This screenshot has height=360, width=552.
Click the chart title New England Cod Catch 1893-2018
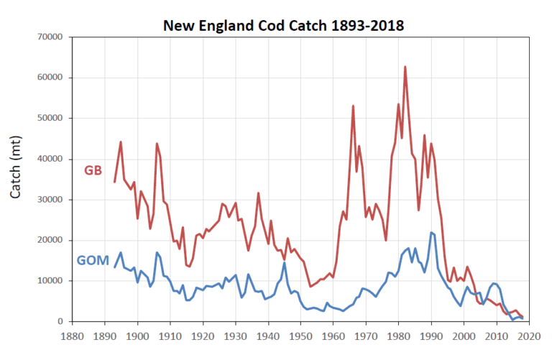pyautogui.click(x=283, y=27)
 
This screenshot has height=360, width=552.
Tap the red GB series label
pyautogui.click(x=94, y=170)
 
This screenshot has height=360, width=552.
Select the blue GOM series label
pyautogui.click(x=93, y=261)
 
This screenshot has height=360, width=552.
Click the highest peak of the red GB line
pyautogui.click(x=405, y=67)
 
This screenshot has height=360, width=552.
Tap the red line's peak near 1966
pyautogui.click(x=353, y=106)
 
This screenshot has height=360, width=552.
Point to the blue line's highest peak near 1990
pyautogui.click(x=431, y=232)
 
